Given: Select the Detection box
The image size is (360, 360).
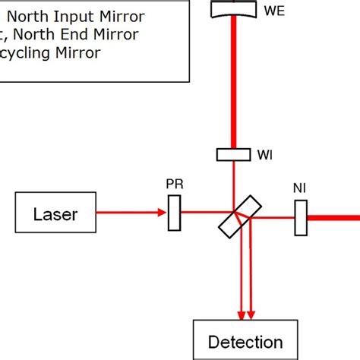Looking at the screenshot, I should [245, 341].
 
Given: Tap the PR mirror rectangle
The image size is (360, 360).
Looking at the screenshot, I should [174, 213].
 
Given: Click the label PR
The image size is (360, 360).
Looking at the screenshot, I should [174, 185].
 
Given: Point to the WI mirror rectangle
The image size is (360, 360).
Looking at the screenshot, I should [234, 154].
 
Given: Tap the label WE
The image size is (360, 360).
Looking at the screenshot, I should [270, 12].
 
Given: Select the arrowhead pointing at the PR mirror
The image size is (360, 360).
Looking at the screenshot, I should [162, 213].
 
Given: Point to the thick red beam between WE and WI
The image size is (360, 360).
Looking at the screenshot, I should [234, 84].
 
